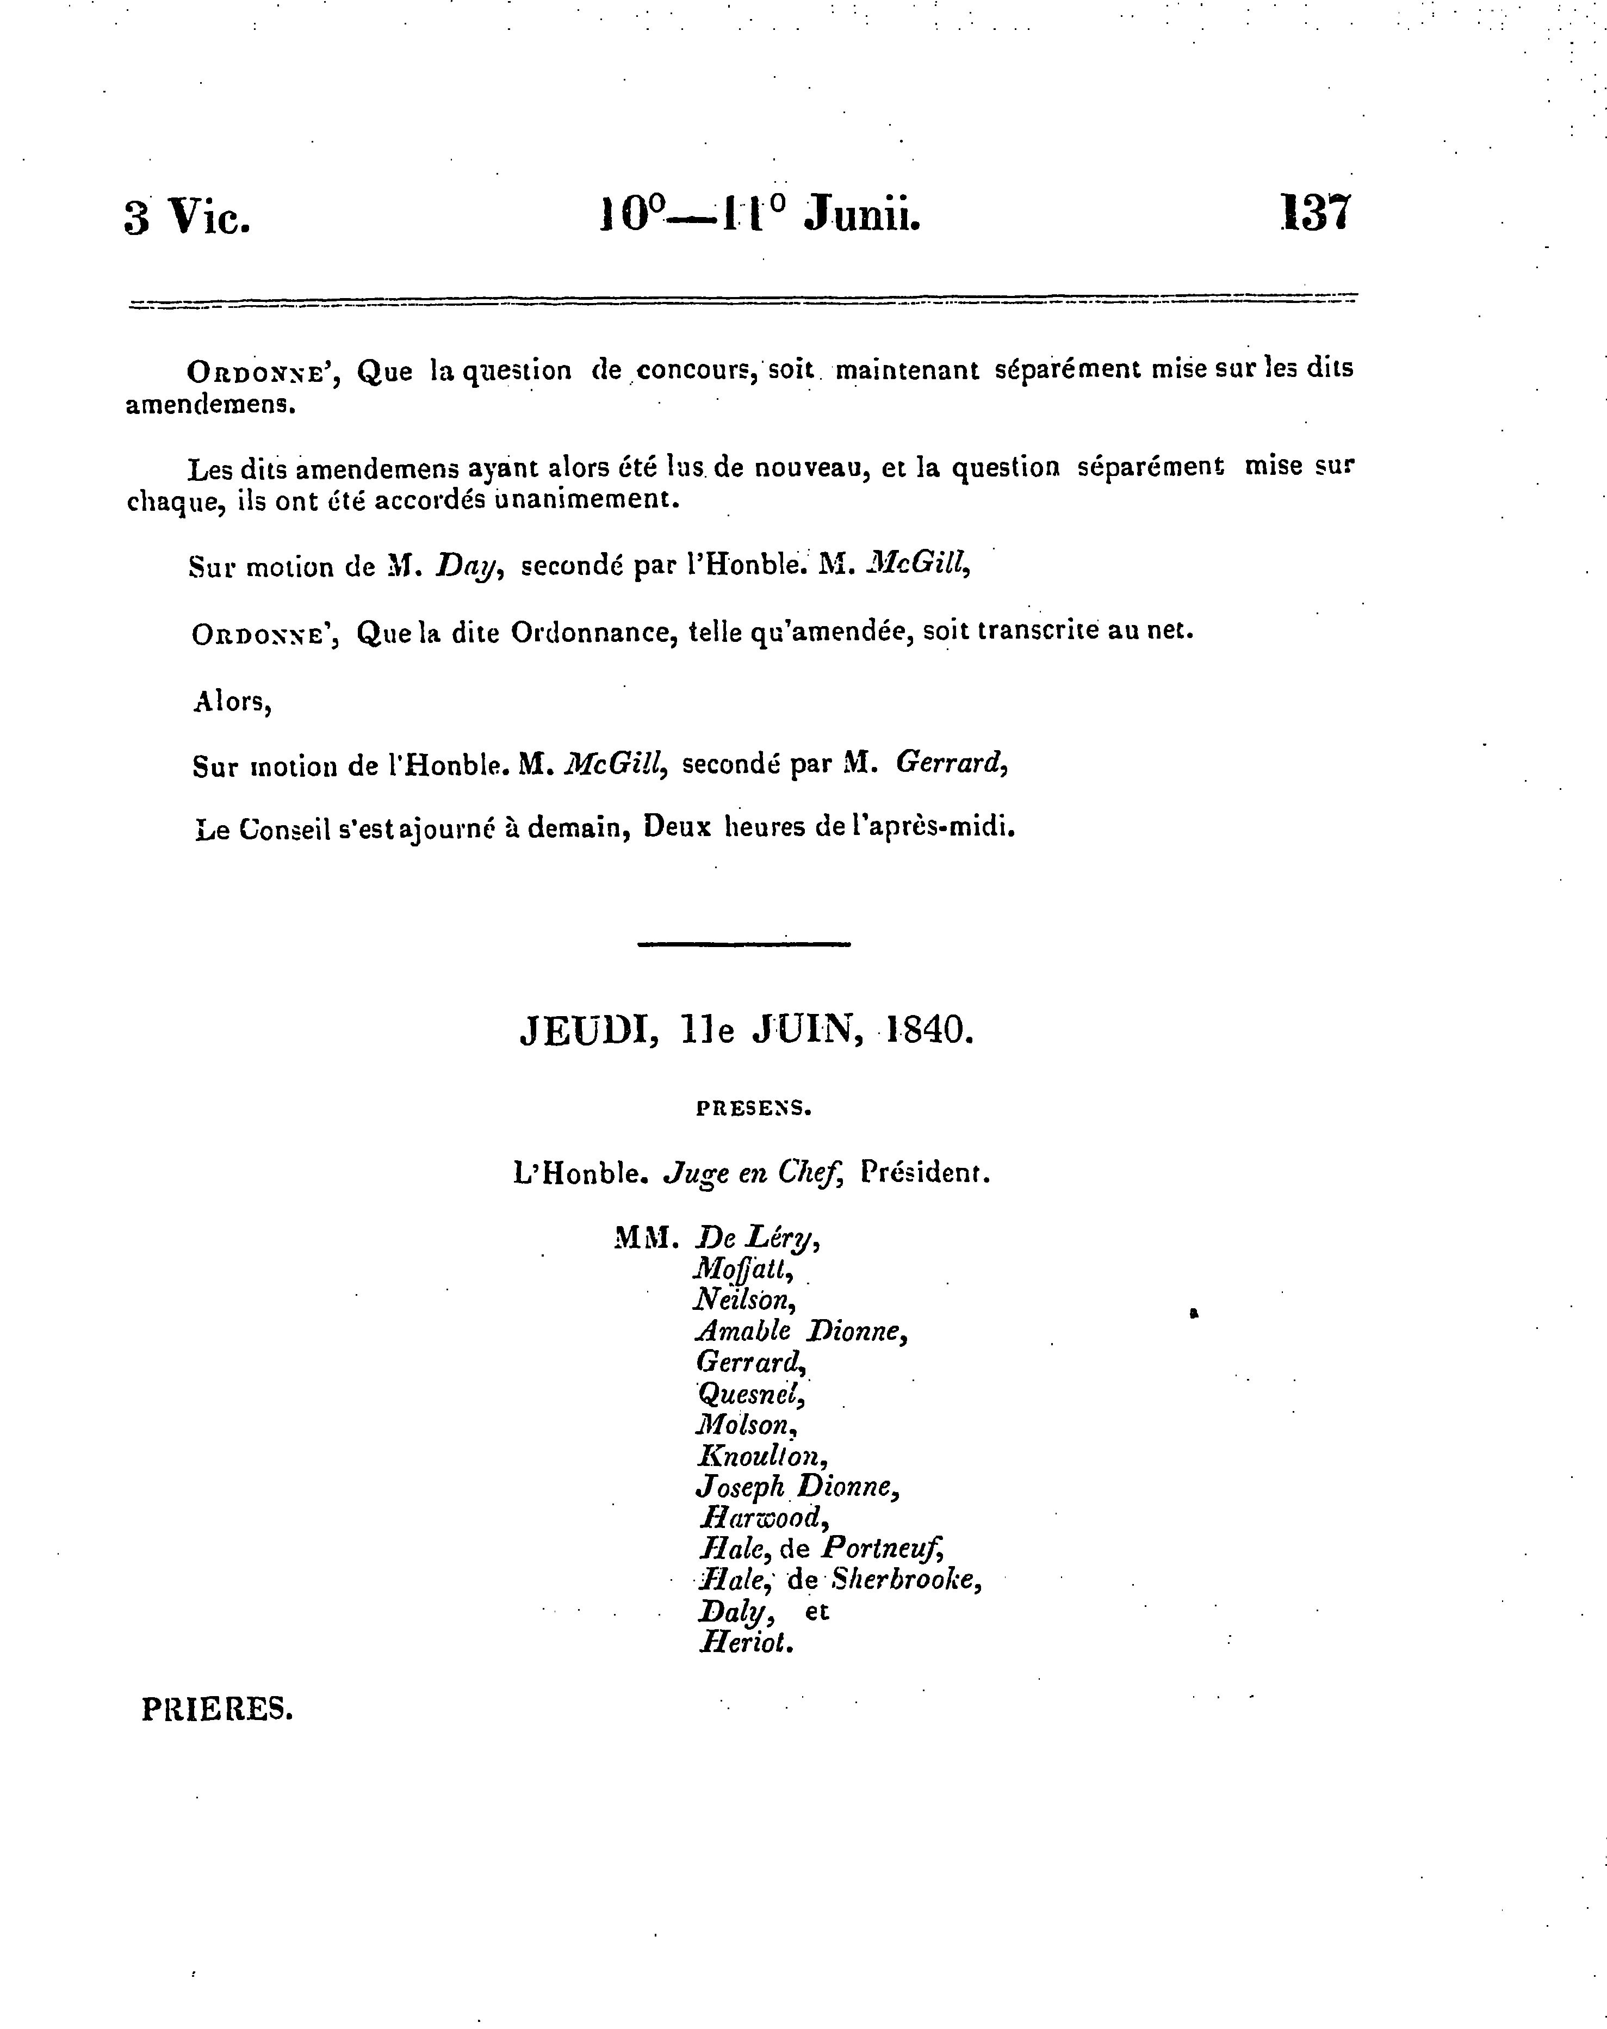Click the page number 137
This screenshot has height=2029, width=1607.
click(1316, 214)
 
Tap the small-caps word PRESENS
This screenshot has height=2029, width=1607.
click(753, 1109)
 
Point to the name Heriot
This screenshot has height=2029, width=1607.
click(746, 1642)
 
